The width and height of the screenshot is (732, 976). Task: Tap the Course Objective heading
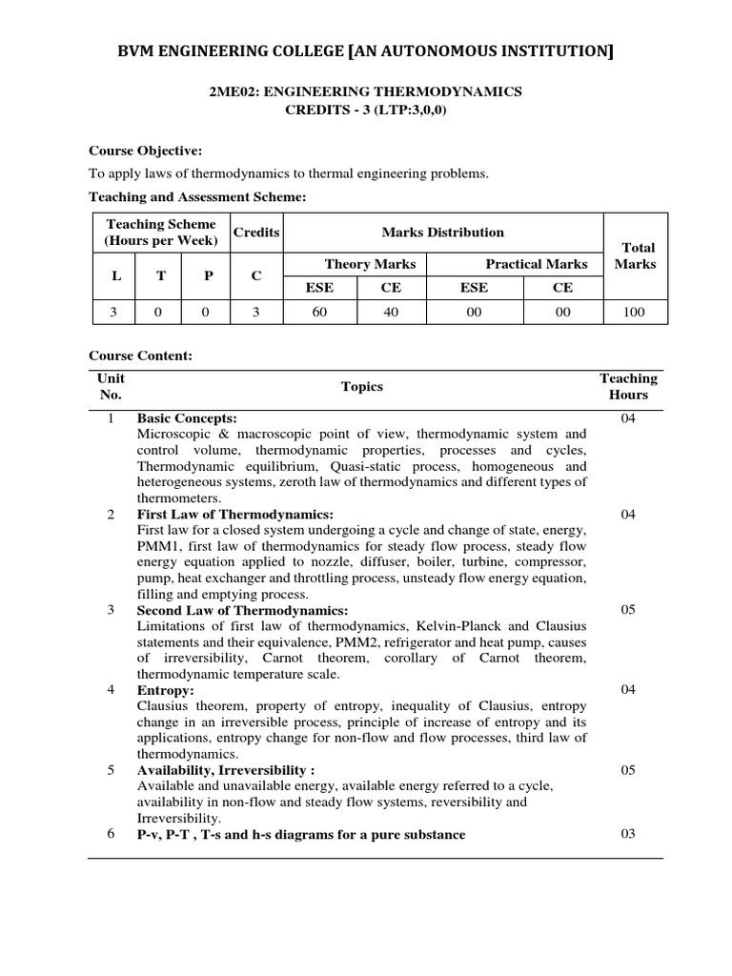(x=145, y=151)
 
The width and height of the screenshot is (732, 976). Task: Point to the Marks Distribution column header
(x=442, y=232)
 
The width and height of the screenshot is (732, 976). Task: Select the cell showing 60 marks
(x=319, y=312)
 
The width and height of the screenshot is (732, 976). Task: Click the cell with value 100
(x=634, y=312)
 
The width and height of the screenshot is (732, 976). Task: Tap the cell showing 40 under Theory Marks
(x=391, y=312)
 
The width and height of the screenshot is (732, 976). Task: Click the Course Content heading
(x=140, y=356)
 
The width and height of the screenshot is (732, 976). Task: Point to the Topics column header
(x=361, y=386)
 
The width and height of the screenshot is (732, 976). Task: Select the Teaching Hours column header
(x=627, y=386)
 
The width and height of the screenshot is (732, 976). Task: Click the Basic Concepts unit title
(x=187, y=418)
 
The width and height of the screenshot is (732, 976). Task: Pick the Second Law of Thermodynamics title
(x=242, y=610)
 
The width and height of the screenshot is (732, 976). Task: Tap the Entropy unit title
(x=165, y=689)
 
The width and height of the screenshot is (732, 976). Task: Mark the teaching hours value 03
(x=627, y=834)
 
